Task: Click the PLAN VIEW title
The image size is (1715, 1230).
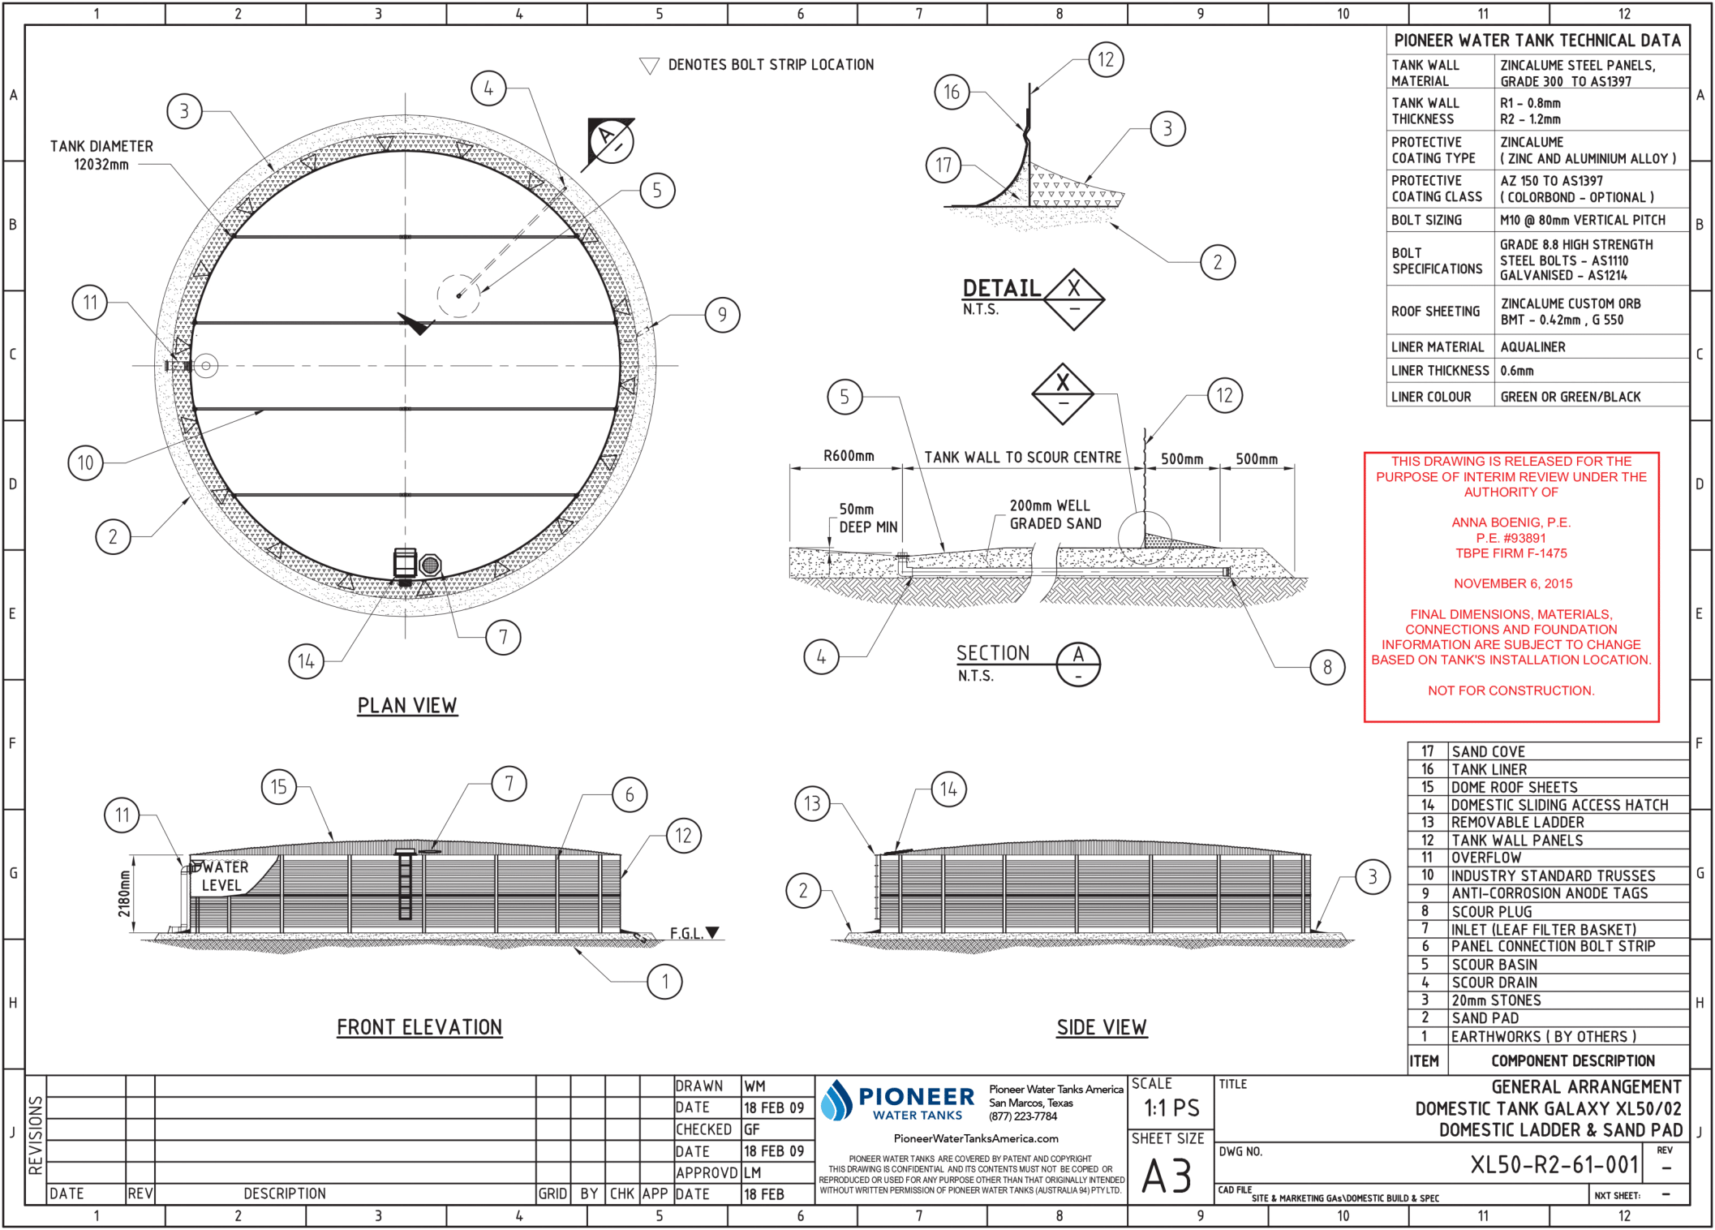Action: (x=407, y=705)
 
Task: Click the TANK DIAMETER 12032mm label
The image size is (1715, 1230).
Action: (x=101, y=155)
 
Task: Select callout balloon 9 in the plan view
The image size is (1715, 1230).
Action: (x=722, y=315)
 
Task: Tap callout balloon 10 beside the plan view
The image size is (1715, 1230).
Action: (x=85, y=462)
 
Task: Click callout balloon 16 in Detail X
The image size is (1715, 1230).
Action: (x=951, y=92)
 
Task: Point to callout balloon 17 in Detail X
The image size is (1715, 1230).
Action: (x=943, y=166)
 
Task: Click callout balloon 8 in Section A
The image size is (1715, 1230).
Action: (x=1327, y=667)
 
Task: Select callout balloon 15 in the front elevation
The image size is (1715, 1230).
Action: (x=278, y=786)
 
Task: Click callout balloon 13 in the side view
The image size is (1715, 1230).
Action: (x=812, y=803)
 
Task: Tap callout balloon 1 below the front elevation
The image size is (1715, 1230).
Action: (x=664, y=982)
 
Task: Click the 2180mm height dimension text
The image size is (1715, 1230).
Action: (x=124, y=894)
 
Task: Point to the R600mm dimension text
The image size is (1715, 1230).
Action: (x=849, y=456)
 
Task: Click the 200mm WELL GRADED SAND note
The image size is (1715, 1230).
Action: (x=1054, y=514)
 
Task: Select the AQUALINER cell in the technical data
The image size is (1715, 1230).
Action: (x=1532, y=347)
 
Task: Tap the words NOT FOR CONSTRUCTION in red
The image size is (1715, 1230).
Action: (x=1511, y=690)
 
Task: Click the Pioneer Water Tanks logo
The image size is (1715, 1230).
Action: (x=898, y=1101)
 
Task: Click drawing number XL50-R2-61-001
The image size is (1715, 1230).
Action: (x=1554, y=1165)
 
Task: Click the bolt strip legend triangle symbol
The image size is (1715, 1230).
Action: (x=649, y=66)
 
